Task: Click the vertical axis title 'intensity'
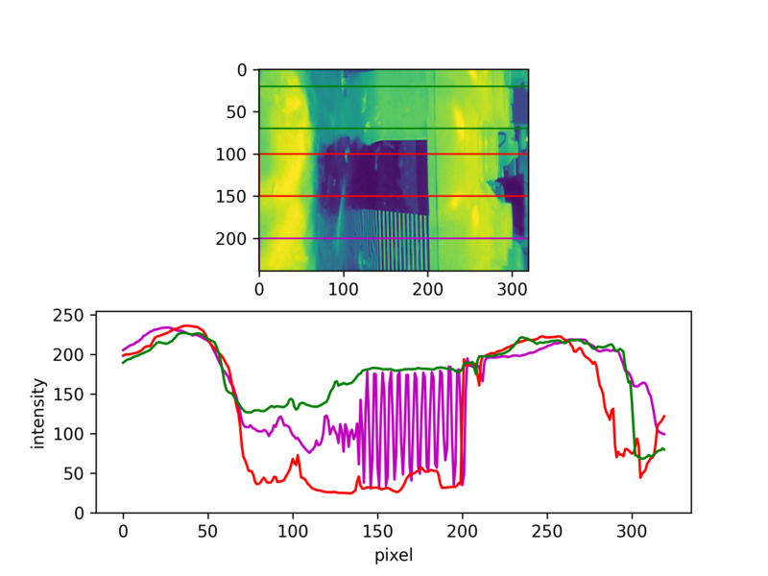click(37, 414)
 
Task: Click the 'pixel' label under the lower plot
click(394, 556)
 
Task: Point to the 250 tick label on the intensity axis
click(68, 315)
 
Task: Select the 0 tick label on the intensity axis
click(80, 513)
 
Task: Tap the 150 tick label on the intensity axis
click(68, 395)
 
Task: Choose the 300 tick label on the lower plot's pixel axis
click(632, 531)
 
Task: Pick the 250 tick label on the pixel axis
click(547, 531)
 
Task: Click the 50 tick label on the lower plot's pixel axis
click(207, 531)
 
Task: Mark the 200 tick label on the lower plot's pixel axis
click(462, 531)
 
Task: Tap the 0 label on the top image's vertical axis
click(242, 70)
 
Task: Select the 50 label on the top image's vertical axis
click(236, 112)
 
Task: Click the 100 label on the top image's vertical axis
click(231, 155)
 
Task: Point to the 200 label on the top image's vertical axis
click(231, 238)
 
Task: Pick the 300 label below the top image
click(512, 289)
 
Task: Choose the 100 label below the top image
click(344, 289)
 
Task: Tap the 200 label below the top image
click(427, 289)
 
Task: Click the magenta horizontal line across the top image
click(394, 238)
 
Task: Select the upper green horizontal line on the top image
click(394, 86)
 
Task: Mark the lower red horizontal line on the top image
click(394, 196)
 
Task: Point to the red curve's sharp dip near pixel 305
click(640, 477)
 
